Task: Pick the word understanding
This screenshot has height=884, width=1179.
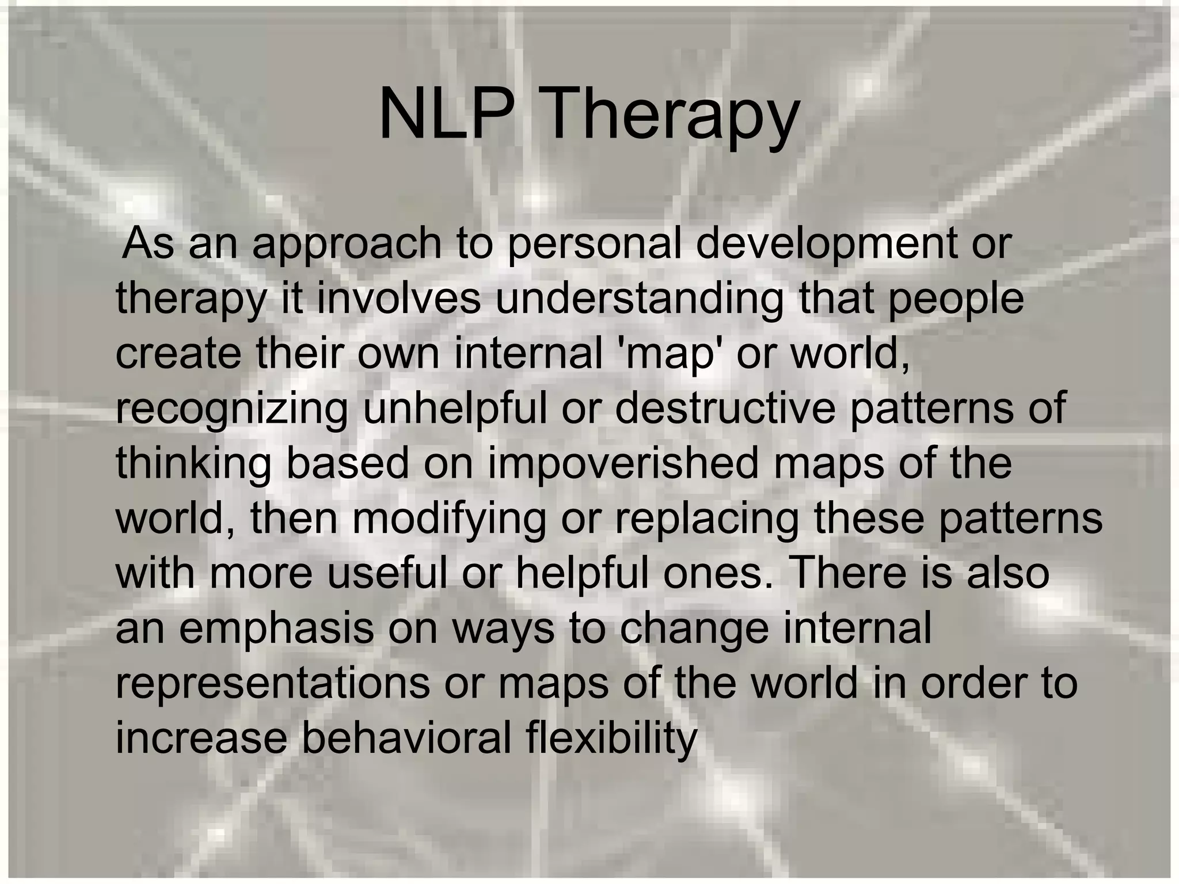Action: coord(639,301)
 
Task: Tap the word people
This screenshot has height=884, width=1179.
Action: coord(956,301)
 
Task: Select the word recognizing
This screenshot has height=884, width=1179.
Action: coord(231,410)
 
